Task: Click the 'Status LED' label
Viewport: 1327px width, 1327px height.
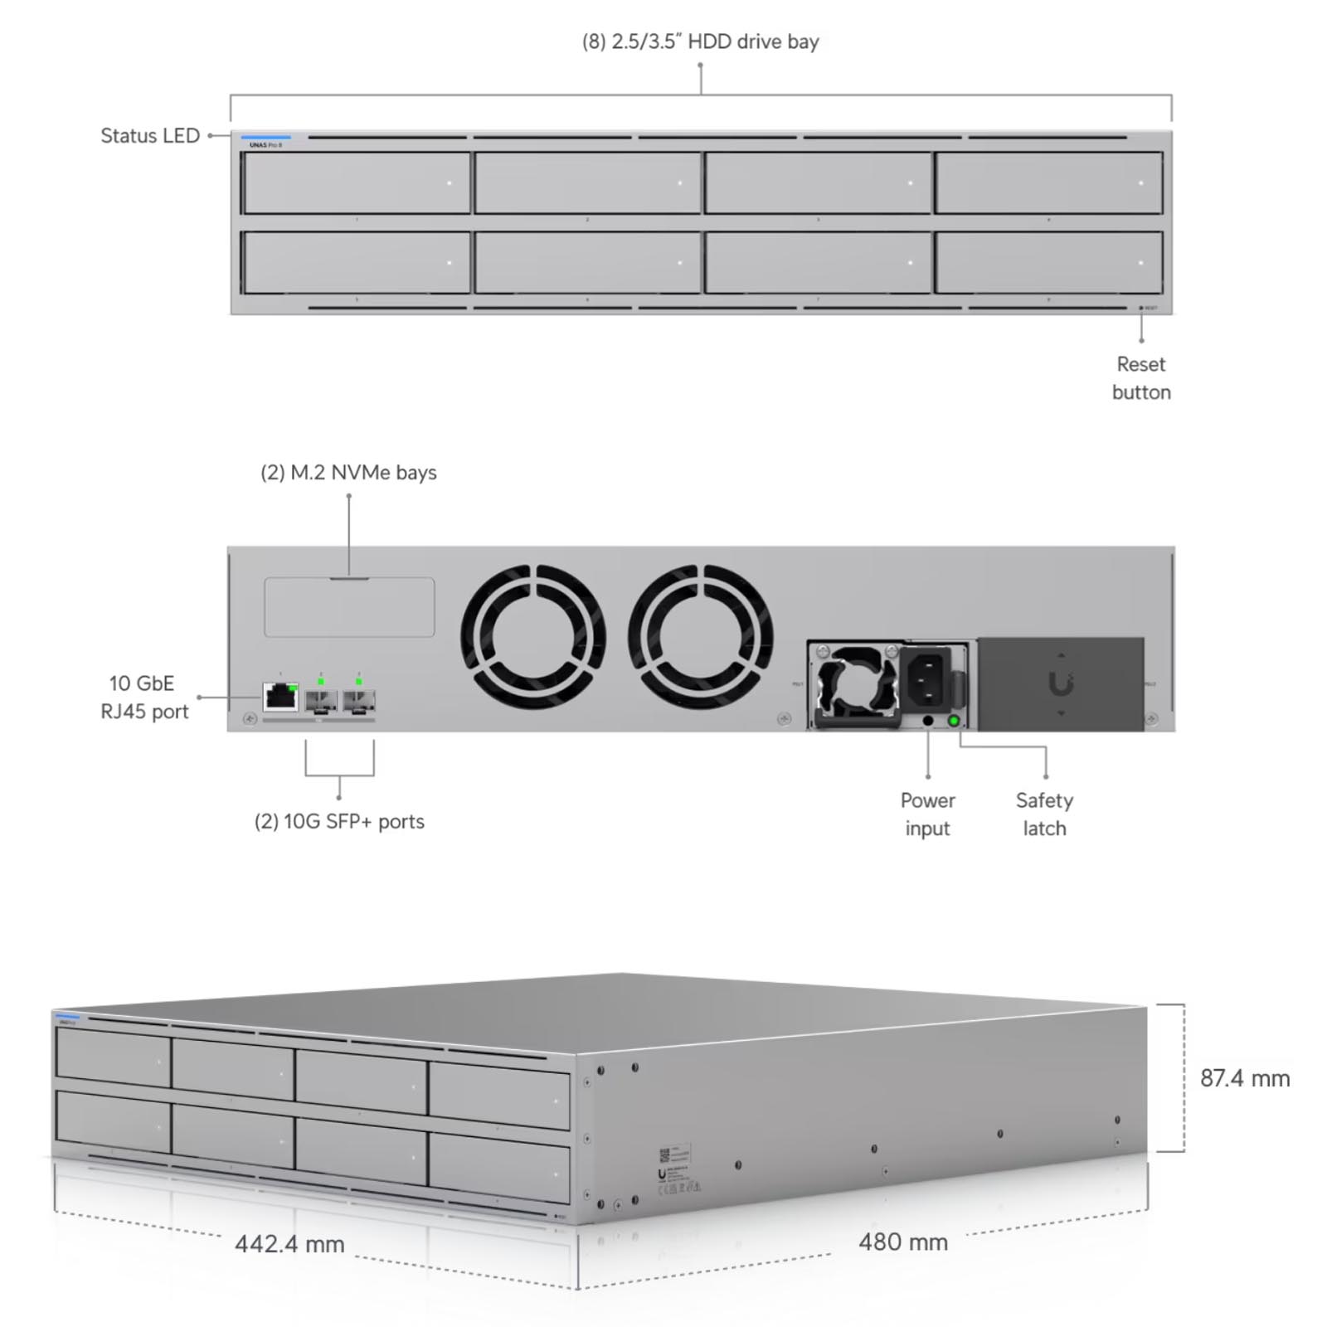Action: point(150,135)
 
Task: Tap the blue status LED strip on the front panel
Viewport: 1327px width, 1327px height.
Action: point(266,138)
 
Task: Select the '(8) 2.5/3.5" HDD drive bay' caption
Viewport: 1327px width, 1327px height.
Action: point(700,41)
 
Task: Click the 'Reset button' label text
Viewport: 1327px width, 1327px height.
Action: point(1141,378)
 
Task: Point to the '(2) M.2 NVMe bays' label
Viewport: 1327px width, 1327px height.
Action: point(348,473)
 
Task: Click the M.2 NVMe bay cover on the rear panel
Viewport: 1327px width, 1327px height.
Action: point(349,607)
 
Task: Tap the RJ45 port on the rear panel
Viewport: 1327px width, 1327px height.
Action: point(280,697)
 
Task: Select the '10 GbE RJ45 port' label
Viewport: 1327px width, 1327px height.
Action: point(144,698)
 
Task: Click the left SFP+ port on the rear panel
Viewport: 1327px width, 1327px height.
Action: point(320,702)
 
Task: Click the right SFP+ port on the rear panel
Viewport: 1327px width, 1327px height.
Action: point(359,702)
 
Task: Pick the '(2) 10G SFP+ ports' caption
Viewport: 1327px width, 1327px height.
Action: point(339,821)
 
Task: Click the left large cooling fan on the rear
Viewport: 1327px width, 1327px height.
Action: point(533,637)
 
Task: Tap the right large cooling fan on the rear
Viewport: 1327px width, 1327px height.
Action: point(701,637)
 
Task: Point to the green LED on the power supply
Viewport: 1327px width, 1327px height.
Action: point(954,721)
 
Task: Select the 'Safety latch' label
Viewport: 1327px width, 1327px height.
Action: point(1044,814)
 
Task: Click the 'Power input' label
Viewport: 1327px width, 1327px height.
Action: point(927,814)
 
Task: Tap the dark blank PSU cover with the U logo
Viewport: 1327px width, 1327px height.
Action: point(1060,684)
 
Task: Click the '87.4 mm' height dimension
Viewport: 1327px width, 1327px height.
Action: point(1245,1078)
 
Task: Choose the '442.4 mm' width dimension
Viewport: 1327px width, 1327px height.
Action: point(289,1244)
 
